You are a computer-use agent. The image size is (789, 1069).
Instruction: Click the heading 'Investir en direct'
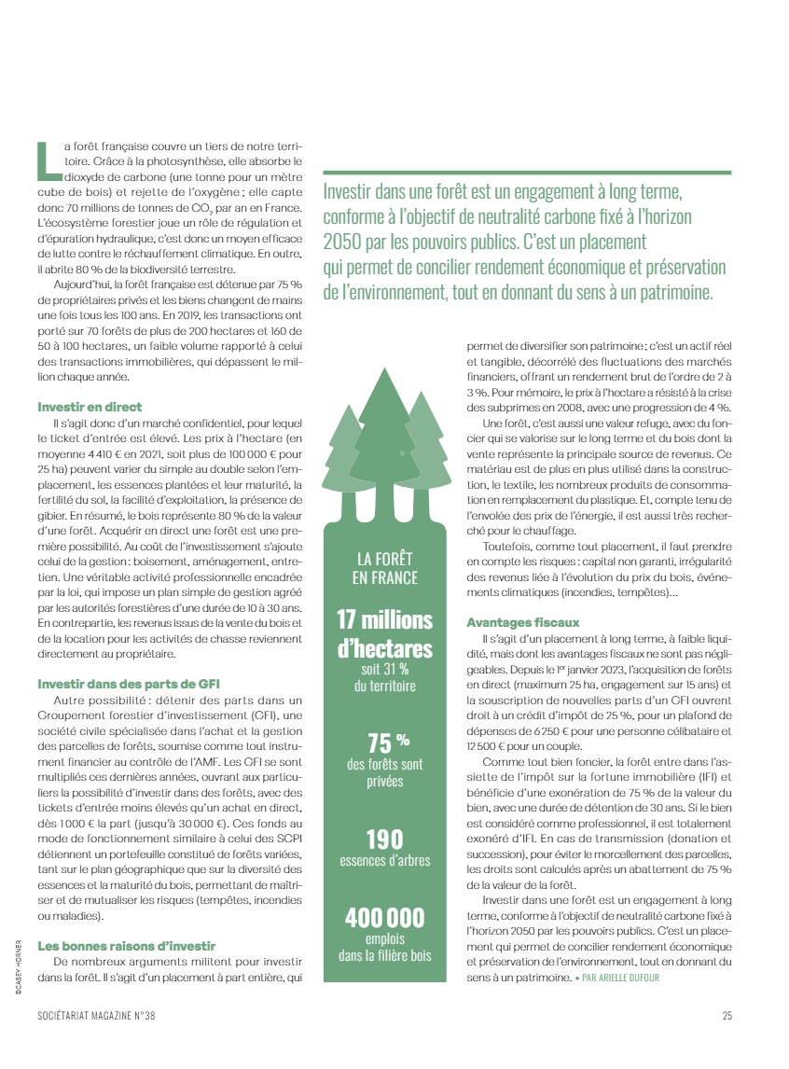pyautogui.click(x=90, y=407)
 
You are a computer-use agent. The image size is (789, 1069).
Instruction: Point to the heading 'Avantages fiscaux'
pyautogui.click(x=522, y=621)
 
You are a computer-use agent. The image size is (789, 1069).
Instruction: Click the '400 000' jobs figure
pyautogui.click(x=385, y=918)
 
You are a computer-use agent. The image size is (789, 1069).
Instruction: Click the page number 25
pyautogui.click(x=727, y=1016)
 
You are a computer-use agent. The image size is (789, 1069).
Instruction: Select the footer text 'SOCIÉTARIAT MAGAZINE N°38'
pyautogui.click(x=104, y=1016)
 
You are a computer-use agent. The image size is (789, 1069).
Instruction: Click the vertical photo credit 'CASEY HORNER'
pyautogui.click(x=19, y=969)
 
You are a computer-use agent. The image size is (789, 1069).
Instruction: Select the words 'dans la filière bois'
pyautogui.click(x=385, y=955)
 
